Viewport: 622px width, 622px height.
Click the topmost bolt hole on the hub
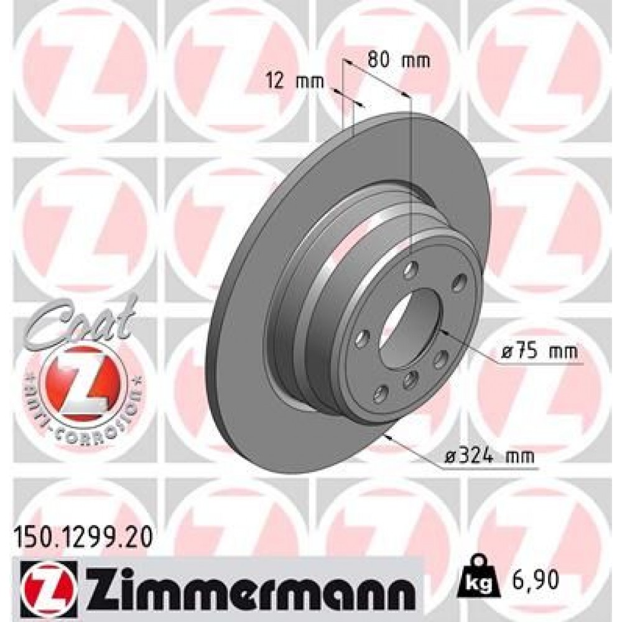pyautogui.click(x=409, y=270)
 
